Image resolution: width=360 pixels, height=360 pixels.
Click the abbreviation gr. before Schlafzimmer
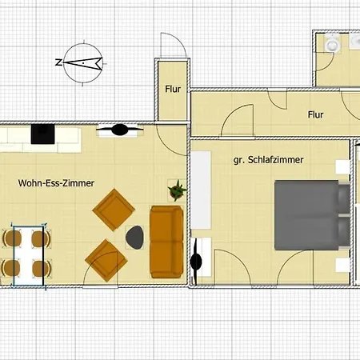click(x=238, y=161)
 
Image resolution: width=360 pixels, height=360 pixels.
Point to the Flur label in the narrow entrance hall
click(x=173, y=90)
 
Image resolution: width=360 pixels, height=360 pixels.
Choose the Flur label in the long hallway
click(x=316, y=114)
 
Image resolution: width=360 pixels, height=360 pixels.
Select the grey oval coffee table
click(x=135, y=236)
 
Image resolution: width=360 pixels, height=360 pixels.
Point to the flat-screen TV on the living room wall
click(x=118, y=129)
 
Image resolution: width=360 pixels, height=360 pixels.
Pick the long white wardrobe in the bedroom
click(x=200, y=189)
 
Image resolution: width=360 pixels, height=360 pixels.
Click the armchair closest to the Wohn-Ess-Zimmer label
click(x=111, y=209)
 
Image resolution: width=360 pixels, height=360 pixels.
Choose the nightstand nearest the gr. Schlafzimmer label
click(x=342, y=167)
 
